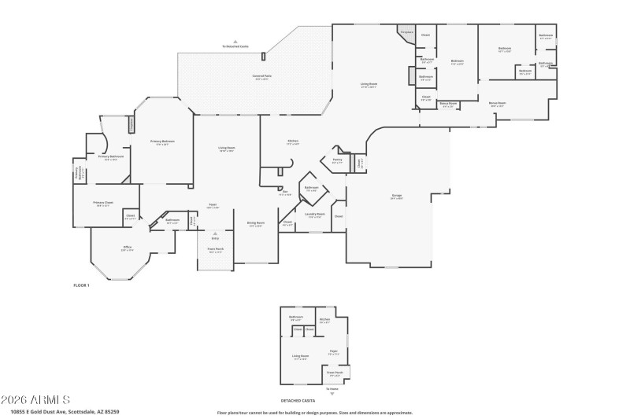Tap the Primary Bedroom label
[162, 142]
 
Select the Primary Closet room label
[104, 203]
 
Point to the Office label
[127, 248]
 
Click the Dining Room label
[255, 223]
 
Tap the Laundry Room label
[315, 216]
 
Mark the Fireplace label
[406, 32]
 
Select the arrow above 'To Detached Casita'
[235, 42]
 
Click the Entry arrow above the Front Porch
[215, 234]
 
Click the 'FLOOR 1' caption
[81, 285]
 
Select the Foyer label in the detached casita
[334, 352]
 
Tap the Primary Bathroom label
[113, 157]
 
